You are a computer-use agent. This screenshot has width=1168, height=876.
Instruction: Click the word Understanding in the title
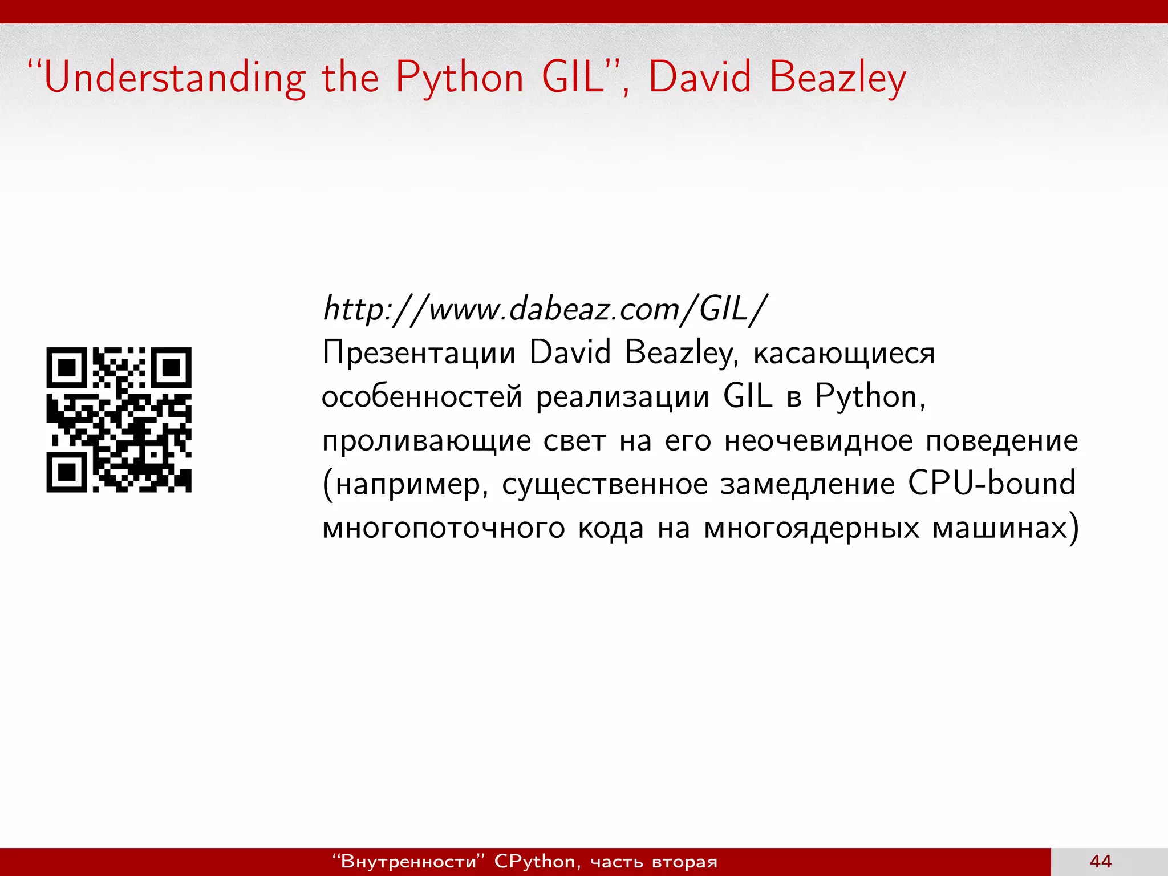click(x=175, y=79)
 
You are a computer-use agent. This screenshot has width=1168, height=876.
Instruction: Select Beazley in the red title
click(x=837, y=79)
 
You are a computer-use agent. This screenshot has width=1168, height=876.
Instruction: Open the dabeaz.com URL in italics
click(x=544, y=309)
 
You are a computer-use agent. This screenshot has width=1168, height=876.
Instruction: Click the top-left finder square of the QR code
click(x=67, y=368)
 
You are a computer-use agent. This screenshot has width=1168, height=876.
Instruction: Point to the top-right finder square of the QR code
click(x=171, y=368)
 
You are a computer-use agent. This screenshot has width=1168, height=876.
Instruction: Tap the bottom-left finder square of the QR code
click(x=67, y=472)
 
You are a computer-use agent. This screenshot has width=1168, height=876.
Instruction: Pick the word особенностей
click(x=422, y=397)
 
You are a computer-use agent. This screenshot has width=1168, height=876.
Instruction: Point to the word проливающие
click(x=427, y=441)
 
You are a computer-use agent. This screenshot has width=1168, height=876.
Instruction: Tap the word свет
click(x=574, y=441)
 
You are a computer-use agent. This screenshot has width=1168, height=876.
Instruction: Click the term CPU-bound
click(x=992, y=484)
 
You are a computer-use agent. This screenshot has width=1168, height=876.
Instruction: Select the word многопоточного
click(x=444, y=528)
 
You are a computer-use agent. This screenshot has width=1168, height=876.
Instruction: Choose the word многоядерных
click(x=812, y=528)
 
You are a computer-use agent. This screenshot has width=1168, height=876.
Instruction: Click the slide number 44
click(x=1101, y=861)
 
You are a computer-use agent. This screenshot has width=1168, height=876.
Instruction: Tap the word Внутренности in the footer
click(x=408, y=861)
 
